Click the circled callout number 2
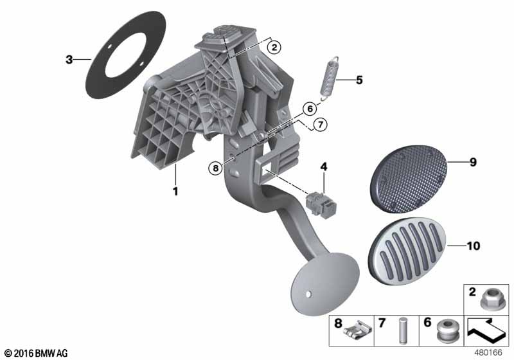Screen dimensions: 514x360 pos(274,47)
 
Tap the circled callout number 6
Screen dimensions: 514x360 pos(310,109)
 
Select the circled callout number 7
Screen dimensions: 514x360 pos(320,125)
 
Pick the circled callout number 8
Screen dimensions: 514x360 pos(216,168)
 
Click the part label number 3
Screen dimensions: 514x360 pos(69,60)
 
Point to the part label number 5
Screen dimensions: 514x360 pos(359,80)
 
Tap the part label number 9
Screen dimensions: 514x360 pos(473,162)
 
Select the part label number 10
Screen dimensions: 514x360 pos(474,246)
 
